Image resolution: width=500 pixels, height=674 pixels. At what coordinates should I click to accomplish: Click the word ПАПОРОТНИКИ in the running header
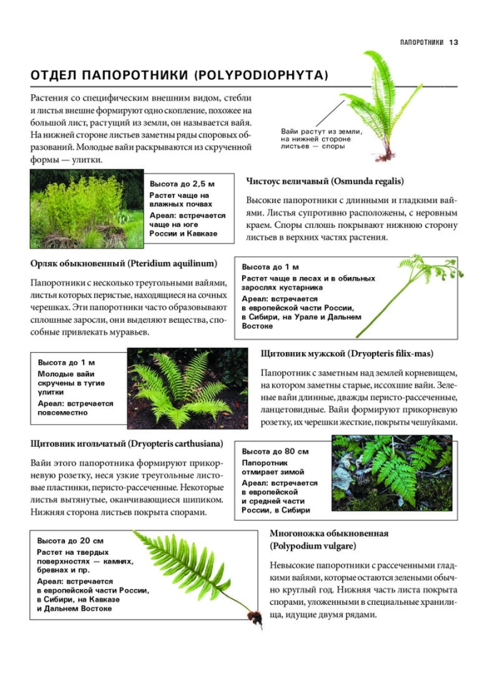click(422, 42)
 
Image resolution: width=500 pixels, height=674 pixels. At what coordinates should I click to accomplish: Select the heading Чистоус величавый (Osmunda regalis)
click(325, 181)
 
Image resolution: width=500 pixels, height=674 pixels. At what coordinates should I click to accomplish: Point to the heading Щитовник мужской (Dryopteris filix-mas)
click(347, 353)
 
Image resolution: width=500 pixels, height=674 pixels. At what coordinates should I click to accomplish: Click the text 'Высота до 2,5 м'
click(182, 183)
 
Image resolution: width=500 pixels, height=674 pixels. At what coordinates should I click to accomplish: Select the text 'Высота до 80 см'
click(275, 452)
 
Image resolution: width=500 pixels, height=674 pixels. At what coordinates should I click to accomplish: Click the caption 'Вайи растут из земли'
click(321, 132)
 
